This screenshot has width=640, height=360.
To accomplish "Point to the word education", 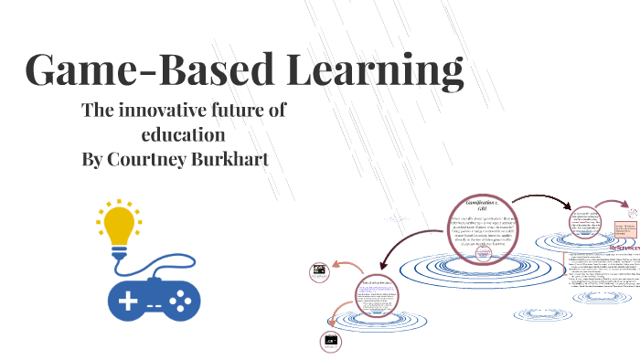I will [x=183, y=134].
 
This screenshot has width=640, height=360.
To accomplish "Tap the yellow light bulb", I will [x=118, y=224].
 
